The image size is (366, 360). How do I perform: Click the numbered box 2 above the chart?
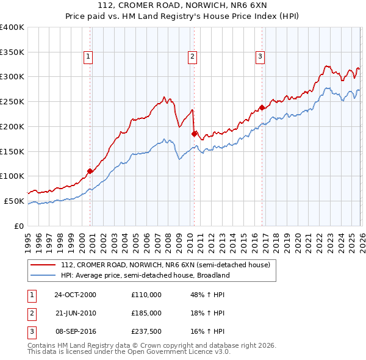192,57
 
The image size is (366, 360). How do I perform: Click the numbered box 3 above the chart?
260,57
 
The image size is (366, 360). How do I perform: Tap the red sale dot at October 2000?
90,171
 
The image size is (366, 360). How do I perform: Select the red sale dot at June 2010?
194,134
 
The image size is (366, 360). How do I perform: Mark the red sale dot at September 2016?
262,107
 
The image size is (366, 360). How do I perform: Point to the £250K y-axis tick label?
12,101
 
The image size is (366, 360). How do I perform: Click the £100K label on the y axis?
12,176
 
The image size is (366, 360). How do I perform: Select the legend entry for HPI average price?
145,275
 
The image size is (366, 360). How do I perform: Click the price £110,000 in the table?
146,295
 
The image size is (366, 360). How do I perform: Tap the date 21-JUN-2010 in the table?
76,313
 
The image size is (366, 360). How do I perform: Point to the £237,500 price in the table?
146,331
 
